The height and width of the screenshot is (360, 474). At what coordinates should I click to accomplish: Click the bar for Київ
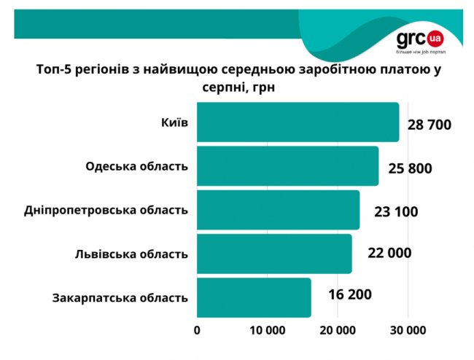(x=298, y=122)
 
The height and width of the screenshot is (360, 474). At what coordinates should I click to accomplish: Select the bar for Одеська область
(x=287, y=166)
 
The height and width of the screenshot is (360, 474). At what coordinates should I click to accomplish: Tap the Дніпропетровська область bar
(x=278, y=210)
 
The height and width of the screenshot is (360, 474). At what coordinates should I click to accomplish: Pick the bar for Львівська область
(x=273, y=254)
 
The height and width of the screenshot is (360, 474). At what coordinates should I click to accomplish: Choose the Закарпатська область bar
(x=254, y=297)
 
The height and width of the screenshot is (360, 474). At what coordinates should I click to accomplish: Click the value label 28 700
(x=430, y=125)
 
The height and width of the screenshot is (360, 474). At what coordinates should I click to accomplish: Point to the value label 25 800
(x=410, y=168)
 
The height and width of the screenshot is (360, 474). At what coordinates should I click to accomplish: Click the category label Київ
(x=174, y=122)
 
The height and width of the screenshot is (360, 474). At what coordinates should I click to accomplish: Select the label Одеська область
(x=137, y=165)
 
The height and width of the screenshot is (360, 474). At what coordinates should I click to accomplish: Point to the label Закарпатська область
(x=121, y=297)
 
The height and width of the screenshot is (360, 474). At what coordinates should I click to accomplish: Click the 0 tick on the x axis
(x=197, y=329)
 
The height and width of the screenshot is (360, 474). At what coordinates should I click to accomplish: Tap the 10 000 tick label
(x=267, y=329)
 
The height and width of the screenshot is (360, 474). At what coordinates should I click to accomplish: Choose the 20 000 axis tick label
(x=336, y=329)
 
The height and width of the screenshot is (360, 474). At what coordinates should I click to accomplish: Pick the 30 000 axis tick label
(x=405, y=329)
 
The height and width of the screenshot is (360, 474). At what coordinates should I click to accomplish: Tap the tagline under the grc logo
(x=420, y=54)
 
